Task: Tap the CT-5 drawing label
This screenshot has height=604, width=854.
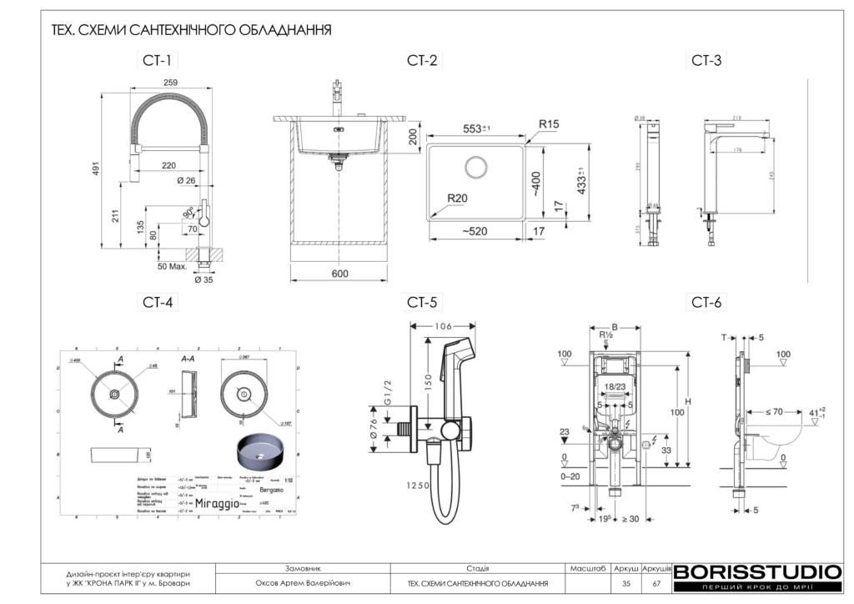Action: [423, 302]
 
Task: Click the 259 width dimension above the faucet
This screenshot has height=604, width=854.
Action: [171, 82]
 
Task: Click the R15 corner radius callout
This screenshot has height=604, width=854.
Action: [548, 124]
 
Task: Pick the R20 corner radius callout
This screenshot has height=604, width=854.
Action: [456, 198]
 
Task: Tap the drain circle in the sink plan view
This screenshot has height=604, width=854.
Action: [477, 167]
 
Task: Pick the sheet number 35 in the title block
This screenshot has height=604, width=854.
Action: [626, 583]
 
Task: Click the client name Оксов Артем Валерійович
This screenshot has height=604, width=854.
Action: [303, 583]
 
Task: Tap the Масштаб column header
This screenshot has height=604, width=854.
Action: [588, 567]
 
